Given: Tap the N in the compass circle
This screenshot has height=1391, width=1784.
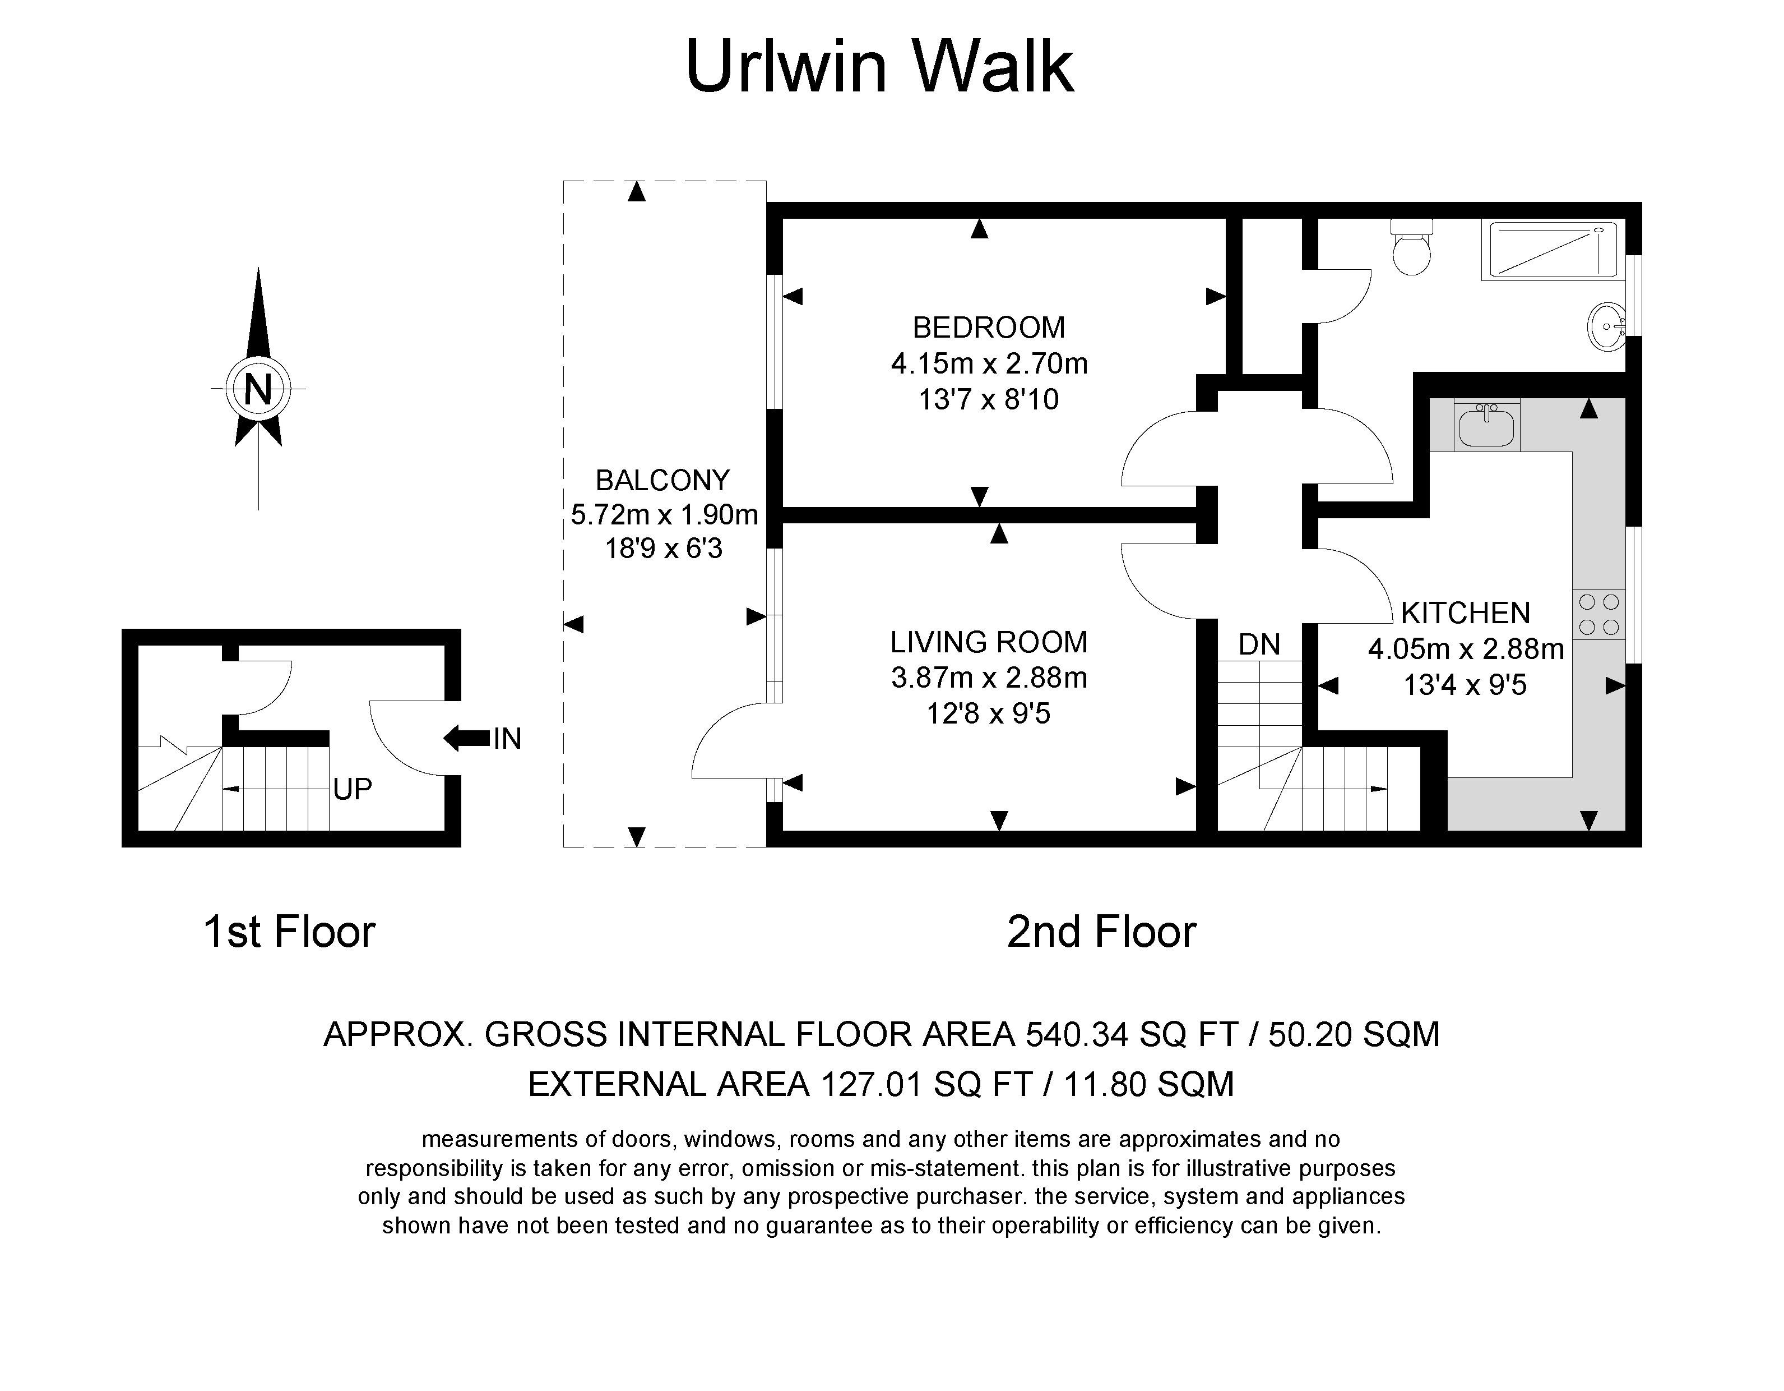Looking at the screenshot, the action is click(258, 389).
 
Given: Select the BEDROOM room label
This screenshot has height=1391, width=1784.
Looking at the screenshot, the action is click(988, 328).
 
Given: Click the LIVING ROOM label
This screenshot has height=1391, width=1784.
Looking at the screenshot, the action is click(988, 642).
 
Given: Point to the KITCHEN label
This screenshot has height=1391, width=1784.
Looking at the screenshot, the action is click(1466, 613).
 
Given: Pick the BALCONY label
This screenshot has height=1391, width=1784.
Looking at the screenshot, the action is click(662, 480).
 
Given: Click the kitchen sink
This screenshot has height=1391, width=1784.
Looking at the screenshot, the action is click(1486, 425).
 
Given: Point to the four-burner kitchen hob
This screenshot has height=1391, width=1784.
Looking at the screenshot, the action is click(1598, 615).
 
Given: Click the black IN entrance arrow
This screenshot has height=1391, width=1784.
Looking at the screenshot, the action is click(466, 739).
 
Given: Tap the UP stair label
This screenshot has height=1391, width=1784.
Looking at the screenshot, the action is click(352, 789).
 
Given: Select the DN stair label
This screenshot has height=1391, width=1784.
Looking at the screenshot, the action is click(1259, 645).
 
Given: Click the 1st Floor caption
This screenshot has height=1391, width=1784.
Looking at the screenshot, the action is click(289, 932).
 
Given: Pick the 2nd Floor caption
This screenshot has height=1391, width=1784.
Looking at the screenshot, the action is click(1101, 932).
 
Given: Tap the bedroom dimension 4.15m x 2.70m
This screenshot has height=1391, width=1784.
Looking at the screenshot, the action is click(989, 363).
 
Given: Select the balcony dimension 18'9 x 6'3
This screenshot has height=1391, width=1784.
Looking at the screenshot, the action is click(663, 549).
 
